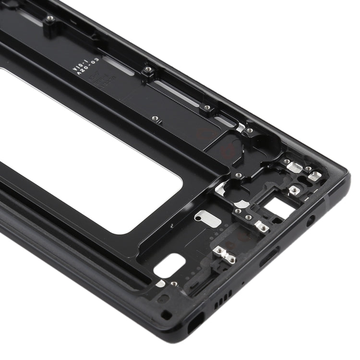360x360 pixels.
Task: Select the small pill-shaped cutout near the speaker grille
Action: [x=170, y=265]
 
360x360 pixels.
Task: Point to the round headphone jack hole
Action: [x=312, y=220]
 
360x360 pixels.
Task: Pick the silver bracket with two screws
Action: [x=225, y=255]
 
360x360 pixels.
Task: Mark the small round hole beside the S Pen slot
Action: [x=166, y=315]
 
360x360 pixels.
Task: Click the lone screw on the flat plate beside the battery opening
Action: [x=155, y=118]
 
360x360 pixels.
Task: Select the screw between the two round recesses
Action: [x=239, y=175]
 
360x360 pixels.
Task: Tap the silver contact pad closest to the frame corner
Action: [x=314, y=176]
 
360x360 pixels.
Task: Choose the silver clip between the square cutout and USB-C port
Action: [x=262, y=227]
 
